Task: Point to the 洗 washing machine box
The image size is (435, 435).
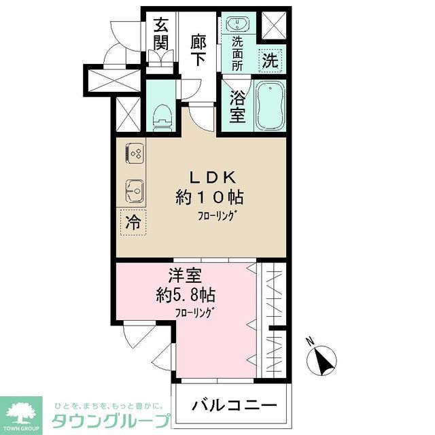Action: [271, 59]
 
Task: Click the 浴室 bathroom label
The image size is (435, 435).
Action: [237, 105]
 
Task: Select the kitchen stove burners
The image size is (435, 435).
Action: [135, 156]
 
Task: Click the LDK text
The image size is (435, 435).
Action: [211, 178]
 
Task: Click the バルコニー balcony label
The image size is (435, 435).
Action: [234, 406]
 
